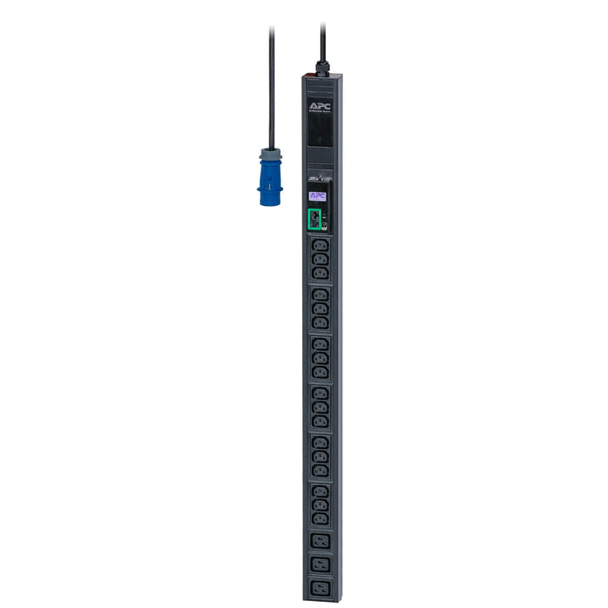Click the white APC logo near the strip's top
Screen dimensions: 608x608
(319, 106)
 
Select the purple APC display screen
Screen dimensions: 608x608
(318, 196)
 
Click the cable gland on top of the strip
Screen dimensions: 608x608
(322, 65)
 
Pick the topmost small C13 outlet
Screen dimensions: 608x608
(321, 248)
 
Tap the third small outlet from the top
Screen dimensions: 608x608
(321, 274)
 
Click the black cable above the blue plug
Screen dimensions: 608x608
(273, 87)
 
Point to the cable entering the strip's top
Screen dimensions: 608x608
(322, 39)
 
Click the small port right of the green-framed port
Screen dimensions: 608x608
(325, 224)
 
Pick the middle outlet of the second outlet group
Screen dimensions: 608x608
(321, 309)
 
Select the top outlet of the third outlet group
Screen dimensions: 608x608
(321, 346)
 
